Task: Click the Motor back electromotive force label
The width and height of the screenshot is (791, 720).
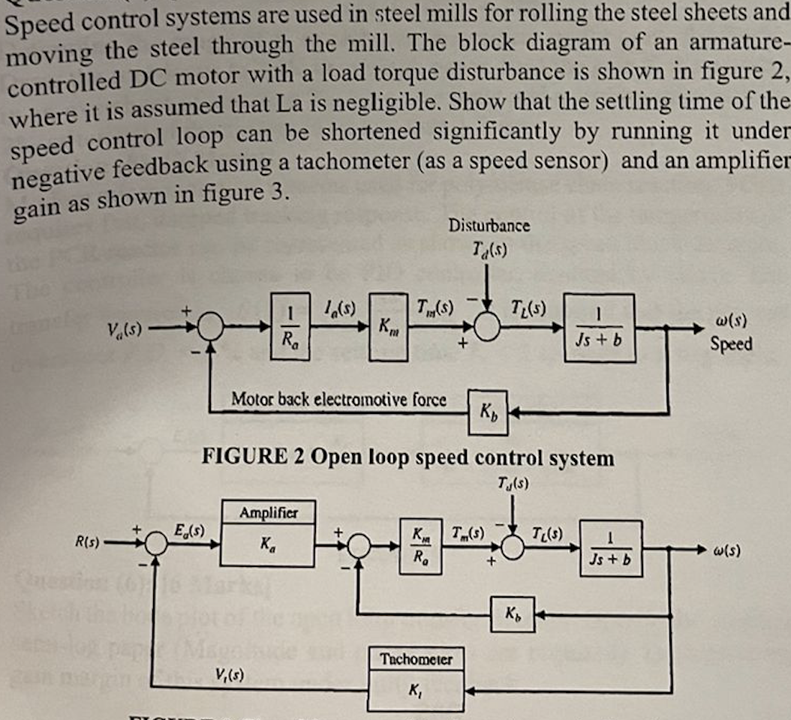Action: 339,399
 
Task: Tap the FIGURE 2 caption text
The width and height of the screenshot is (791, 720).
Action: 408,457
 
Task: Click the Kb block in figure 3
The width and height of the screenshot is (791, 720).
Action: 513,614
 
